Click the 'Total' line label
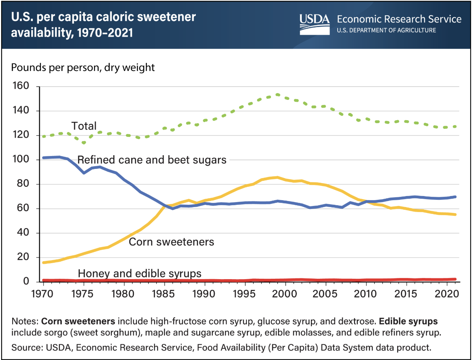(x=84, y=126)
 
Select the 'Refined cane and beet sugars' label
(x=152, y=160)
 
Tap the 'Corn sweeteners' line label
(x=171, y=242)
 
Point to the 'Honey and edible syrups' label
(x=140, y=273)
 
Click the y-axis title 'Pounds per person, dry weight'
(x=83, y=68)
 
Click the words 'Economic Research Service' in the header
(x=399, y=19)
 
